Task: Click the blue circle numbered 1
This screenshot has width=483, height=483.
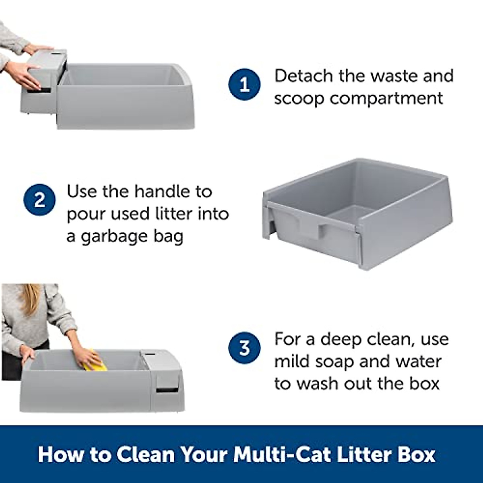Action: point(244,85)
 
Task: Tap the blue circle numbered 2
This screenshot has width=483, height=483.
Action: point(39,200)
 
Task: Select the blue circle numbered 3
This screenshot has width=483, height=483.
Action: point(244,348)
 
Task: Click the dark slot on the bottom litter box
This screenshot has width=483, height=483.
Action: point(167,390)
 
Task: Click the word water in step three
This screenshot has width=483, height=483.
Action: point(419,361)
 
